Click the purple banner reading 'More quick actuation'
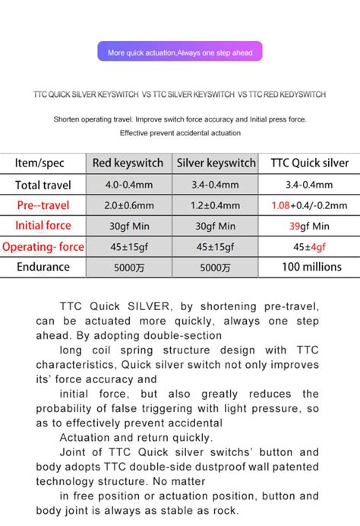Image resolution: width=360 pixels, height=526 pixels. pos(180,52)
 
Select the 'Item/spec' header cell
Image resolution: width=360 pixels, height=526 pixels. pos(43,163)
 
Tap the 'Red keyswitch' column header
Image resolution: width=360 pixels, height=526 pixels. pos(128,163)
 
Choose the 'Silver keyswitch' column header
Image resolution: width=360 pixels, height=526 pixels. pos(216,163)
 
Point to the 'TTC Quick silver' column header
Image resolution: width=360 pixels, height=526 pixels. pos(309,163)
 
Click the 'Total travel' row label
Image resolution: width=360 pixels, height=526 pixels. pos(43,185)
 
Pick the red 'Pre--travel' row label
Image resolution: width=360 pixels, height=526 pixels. pos(43,205)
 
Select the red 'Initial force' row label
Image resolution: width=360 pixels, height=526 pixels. pos(43,226)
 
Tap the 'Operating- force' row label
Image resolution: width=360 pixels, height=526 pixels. pos(43,246)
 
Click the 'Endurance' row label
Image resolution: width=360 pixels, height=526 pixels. pos(43,267)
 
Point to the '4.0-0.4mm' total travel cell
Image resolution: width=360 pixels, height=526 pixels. pos(128,185)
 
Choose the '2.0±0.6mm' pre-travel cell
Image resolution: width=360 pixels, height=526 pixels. pos(128,205)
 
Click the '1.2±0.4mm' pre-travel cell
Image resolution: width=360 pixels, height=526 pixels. pos(216,205)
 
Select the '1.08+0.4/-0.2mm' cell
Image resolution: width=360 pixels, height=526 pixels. pos(309,205)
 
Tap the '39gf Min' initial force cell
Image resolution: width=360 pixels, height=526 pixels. pos(309,226)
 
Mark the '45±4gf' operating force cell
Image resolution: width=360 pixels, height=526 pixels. pos(309,246)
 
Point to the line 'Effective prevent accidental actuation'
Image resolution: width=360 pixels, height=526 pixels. pos(180,133)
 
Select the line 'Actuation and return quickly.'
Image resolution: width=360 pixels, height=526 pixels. pos(125,437)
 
